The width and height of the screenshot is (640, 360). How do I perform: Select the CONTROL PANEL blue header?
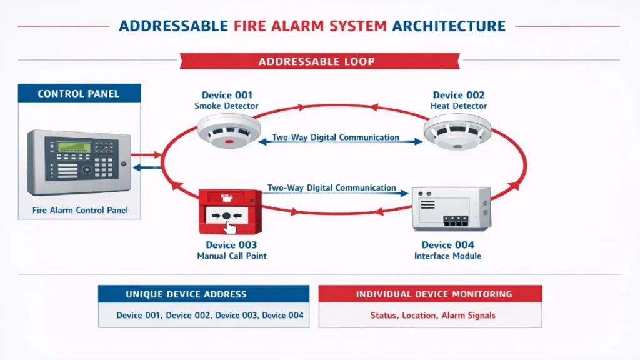pos(78,94)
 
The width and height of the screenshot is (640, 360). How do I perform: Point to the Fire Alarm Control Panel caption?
pos(80,210)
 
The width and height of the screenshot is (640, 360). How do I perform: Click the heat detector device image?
pos(457,132)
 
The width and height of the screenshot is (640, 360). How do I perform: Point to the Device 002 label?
pos(459,95)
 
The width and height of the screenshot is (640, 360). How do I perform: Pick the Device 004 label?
pos(447,245)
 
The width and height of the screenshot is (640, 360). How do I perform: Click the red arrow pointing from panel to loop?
pos(146,153)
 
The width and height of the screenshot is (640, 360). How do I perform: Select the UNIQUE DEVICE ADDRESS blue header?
pos(204,294)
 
